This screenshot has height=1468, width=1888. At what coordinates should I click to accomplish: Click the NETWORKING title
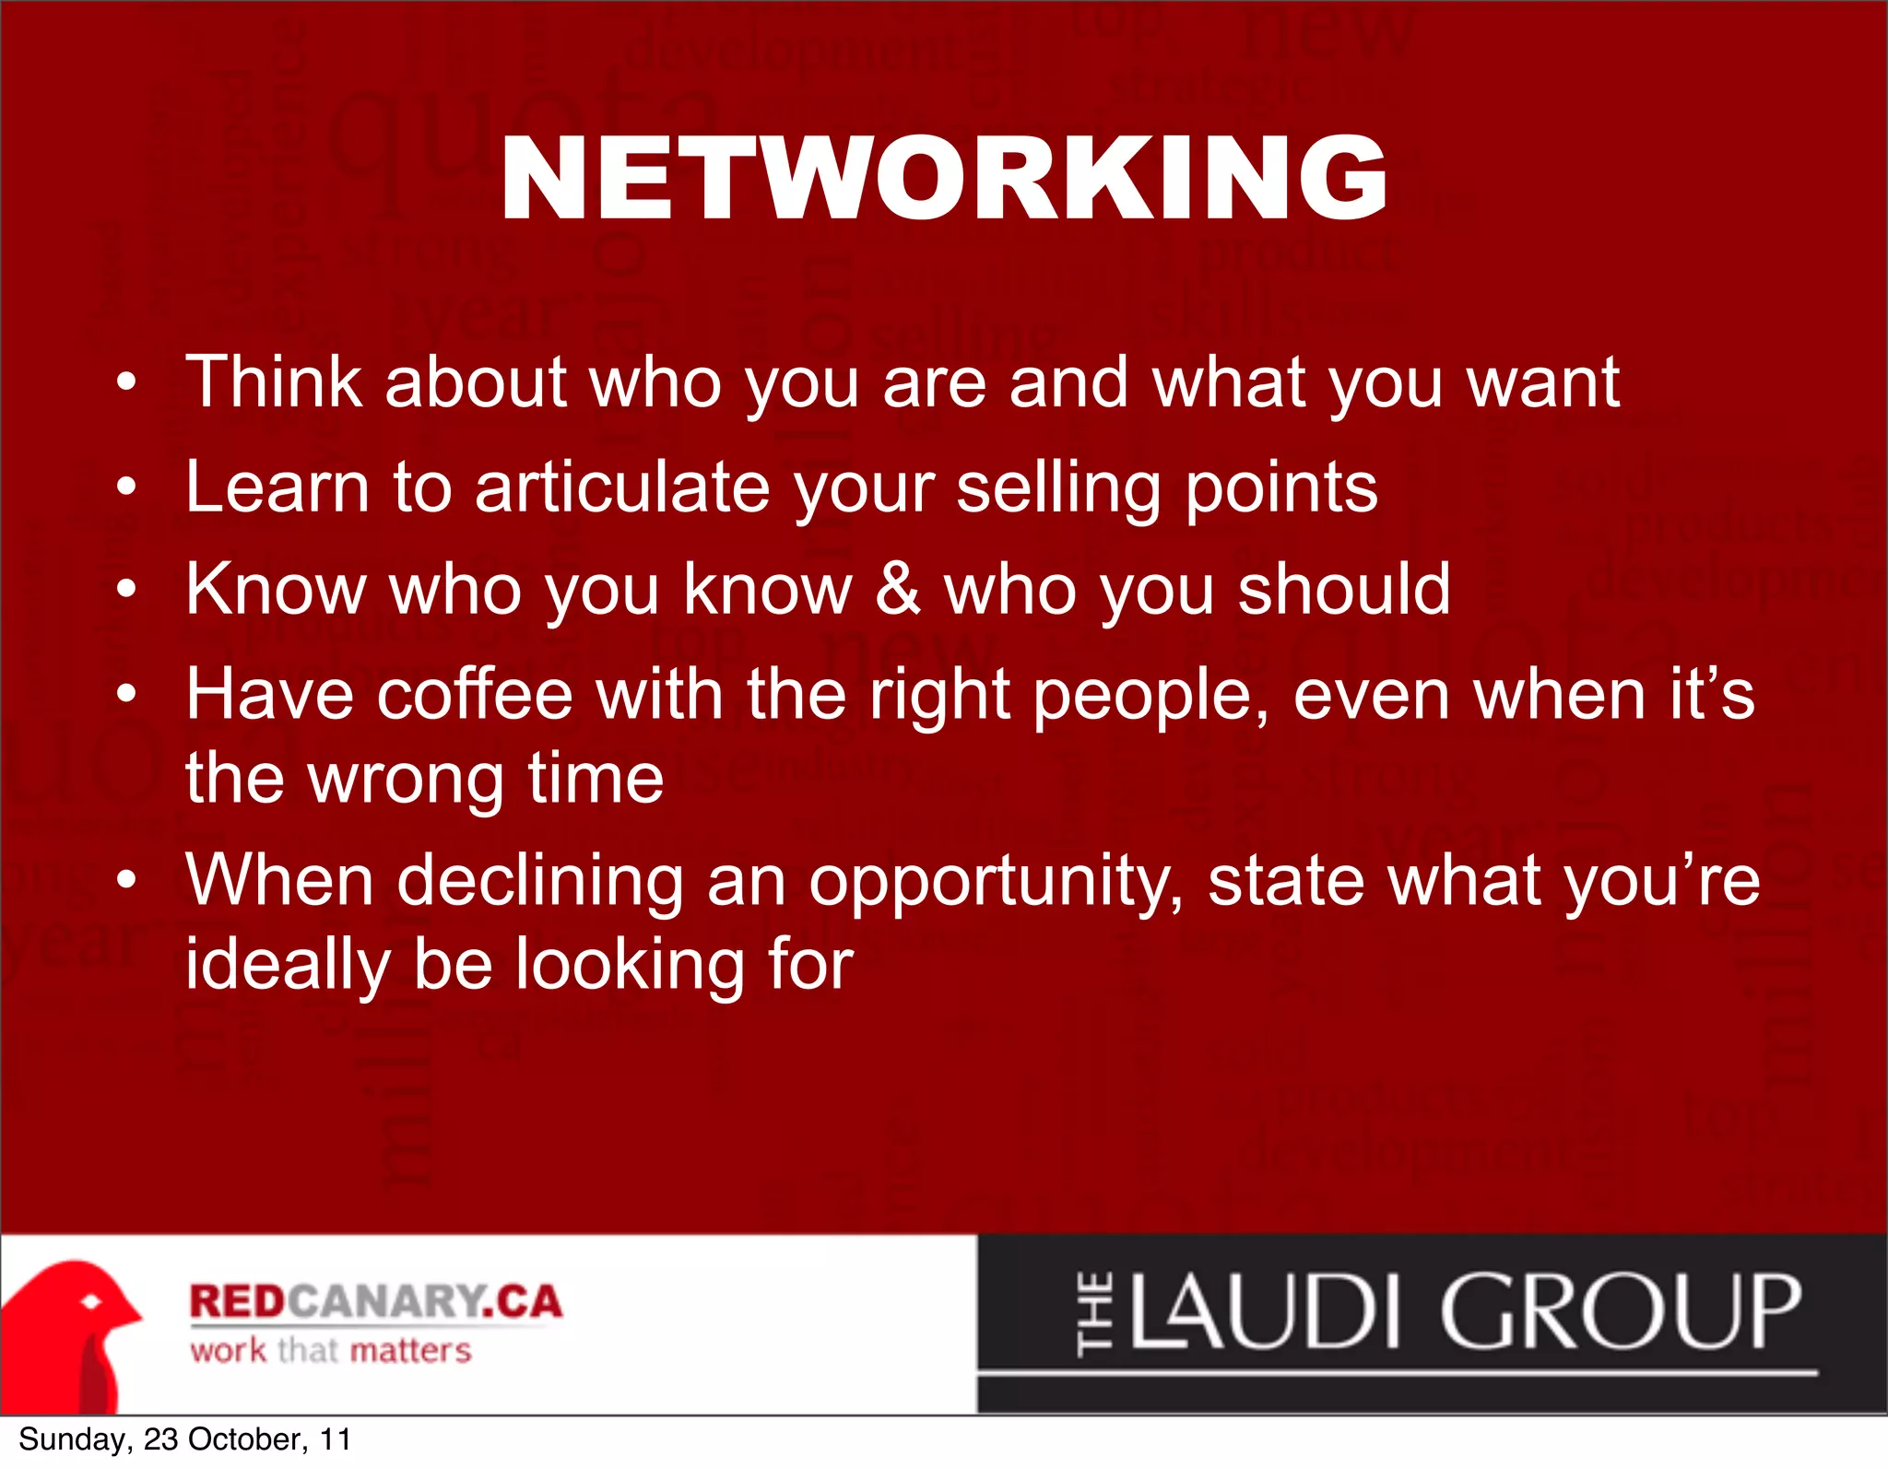point(943,178)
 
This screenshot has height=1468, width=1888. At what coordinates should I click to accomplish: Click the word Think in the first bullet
point(273,382)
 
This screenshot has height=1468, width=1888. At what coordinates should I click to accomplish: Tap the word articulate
point(622,487)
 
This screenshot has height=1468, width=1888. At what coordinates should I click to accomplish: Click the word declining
point(540,881)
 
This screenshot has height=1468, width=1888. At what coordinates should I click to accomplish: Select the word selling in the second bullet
point(1058,487)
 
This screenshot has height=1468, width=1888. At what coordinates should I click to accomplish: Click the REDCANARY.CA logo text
point(375,1301)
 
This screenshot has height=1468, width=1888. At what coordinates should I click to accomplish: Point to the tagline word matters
point(411,1351)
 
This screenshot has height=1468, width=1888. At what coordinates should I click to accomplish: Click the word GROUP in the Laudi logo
point(1620,1311)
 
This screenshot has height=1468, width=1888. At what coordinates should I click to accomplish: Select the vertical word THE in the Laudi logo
point(1094,1313)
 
